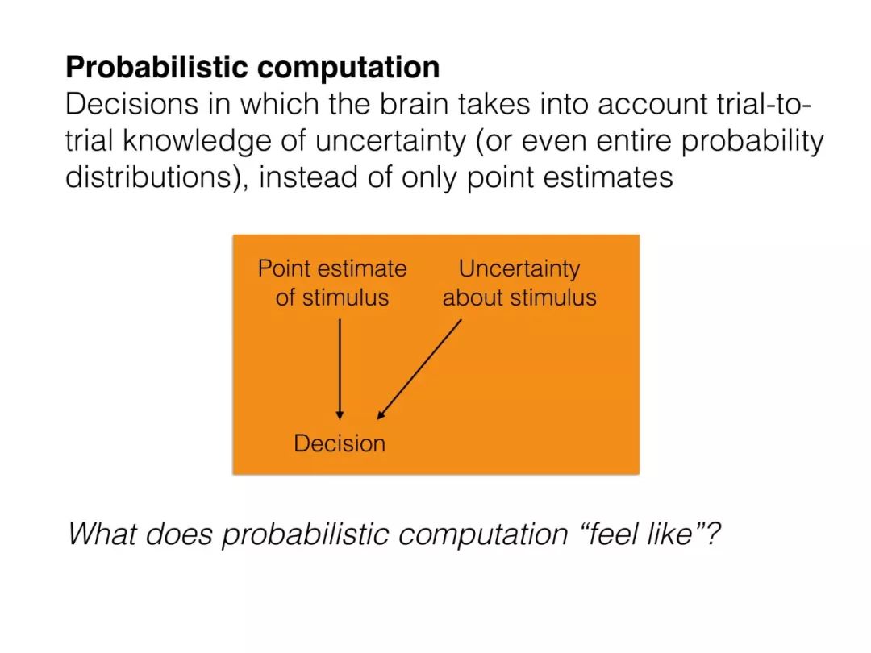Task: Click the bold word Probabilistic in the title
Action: click(x=156, y=68)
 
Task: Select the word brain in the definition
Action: click(x=406, y=104)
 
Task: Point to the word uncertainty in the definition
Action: click(x=390, y=141)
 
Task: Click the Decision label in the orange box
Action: click(x=340, y=443)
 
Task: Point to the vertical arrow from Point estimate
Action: click(x=340, y=368)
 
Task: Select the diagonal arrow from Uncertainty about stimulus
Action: click(x=419, y=368)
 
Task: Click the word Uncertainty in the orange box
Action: click(x=519, y=269)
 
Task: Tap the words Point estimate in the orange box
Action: click(x=332, y=268)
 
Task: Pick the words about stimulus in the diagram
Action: click(x=519, y=297)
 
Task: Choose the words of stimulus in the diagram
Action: click(x=332, y=297)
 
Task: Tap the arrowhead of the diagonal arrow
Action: click(x=381, y=414)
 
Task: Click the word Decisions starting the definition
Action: click(x=131, y=104)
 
